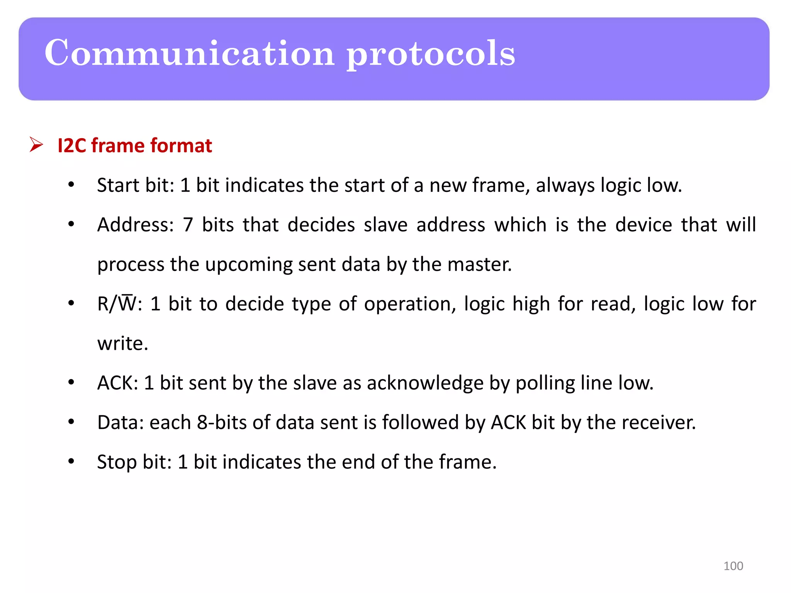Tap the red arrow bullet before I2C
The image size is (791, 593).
click(36, 145)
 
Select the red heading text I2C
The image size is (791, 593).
click(72, 146)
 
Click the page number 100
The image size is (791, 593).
click(733, 566)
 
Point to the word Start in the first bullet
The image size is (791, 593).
click(117, 185)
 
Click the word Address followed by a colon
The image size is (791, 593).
click(133, 225)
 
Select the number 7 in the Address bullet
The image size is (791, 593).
click(188, 225)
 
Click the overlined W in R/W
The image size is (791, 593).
click(127, 303)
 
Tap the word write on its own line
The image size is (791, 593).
click(122, 343)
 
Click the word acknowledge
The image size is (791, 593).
click(425, 383)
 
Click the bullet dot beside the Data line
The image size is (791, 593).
click(71, 422)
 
